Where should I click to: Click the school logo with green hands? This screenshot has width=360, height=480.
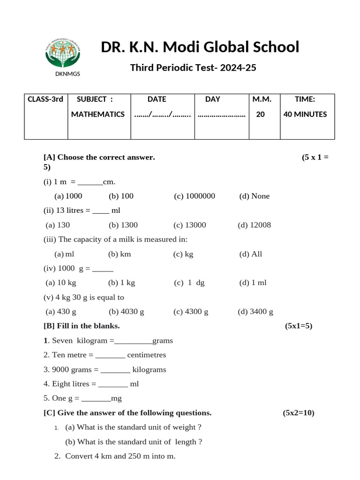(62, 52)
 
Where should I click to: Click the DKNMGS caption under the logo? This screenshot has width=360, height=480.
(62, 74)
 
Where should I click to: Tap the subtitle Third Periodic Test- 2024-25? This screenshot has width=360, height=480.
(193, 68)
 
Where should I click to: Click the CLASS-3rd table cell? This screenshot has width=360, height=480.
(45, 99)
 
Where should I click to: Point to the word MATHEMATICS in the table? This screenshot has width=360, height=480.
(98, 114)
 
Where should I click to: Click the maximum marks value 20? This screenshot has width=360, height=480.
(260, 114)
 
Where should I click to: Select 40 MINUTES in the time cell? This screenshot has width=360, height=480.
(305, 114)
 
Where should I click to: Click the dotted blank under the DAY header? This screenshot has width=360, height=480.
(222, 115)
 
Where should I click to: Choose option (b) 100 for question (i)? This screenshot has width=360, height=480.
(121, 196)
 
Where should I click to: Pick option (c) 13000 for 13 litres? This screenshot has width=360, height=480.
(189, 225)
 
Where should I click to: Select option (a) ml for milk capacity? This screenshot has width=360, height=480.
(65, 254)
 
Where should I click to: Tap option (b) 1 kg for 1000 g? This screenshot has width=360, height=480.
(121, 283)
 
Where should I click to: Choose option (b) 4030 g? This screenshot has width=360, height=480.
(126, 312)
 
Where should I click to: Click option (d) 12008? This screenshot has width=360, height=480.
(254, 225)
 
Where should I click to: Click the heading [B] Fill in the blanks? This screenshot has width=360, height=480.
(82, 326)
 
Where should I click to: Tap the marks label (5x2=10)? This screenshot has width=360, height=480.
(299, 413)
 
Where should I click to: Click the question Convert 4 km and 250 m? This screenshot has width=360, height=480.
(120, 456)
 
